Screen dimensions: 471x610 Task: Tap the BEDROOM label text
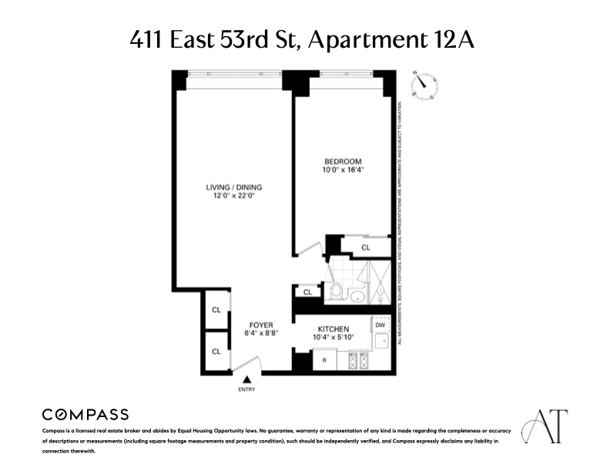coord(343,161)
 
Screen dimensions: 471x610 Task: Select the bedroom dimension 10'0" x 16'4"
coord(343,169)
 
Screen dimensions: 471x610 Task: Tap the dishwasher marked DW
coord(380,326)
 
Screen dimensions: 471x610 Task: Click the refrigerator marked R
coord(323,359)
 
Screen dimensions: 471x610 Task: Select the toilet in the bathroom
coord(335,292)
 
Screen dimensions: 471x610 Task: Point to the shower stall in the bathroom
coord(378,282)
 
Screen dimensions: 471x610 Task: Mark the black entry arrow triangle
coord(247,379)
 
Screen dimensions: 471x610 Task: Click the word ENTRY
coord(247,389)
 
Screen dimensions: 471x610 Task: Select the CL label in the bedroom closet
coord(366,248)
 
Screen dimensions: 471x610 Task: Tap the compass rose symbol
coord(424,85)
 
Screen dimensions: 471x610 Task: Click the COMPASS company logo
coord(85,415)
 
